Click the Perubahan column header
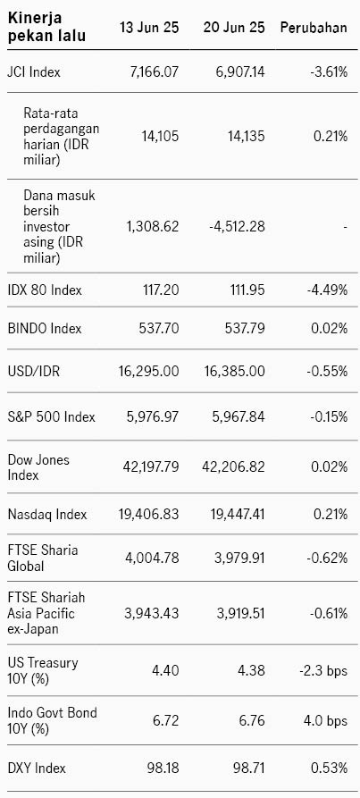314,28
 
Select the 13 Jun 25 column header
149,28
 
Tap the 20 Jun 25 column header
234,28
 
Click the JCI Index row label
34,71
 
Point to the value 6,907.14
237,71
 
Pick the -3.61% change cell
329,71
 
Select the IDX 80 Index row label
45,290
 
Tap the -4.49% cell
328,290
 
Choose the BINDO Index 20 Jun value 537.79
245,328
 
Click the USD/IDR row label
33,371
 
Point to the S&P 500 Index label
51,416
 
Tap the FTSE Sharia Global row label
43,558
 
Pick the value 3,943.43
152,613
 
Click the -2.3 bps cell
323,671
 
